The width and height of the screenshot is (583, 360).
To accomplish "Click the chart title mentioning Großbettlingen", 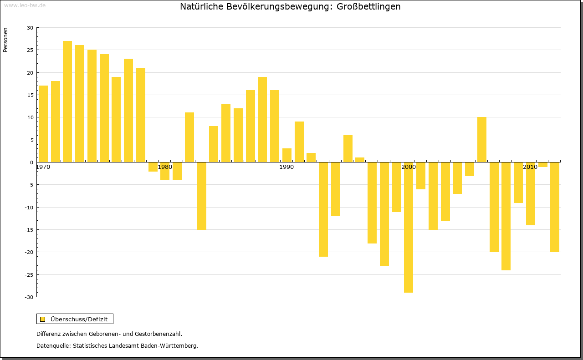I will coord(290,7).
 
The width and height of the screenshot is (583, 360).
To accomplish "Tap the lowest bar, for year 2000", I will coord(409,228).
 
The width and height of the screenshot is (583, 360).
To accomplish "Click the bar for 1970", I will coord(43,123).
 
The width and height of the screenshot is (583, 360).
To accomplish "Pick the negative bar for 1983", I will coord(202,196).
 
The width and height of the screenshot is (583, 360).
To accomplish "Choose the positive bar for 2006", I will coord(482,139).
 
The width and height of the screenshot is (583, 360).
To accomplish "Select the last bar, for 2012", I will coord(555,207).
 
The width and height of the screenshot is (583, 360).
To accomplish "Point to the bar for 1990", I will coord(287,155).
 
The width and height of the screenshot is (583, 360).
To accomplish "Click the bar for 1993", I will coord(323,209).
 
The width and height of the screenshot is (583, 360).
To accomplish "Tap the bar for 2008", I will coord(506,216).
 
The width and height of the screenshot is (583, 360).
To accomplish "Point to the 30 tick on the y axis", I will coord(30,28).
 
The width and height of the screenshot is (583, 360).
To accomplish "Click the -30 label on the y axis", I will coord(29,297).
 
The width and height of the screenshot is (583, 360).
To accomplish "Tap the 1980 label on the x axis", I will coord(164,167).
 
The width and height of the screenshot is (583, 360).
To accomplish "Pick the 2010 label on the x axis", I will coord(530,167).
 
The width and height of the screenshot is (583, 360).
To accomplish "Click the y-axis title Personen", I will coord(5,40).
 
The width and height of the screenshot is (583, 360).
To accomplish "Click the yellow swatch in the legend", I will coord(43,319).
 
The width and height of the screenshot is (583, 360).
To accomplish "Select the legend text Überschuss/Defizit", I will coord(79,319).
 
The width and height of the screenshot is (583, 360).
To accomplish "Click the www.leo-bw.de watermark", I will coord(25,5).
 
